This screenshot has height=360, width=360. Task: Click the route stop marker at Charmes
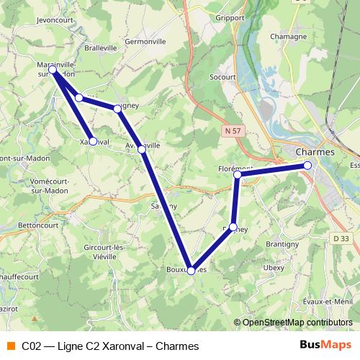pos(307,166)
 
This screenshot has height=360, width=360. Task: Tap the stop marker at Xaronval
pos(93,141)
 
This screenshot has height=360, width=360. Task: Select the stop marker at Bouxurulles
pos(190,271)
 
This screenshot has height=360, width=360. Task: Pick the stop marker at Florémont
pos(237,174)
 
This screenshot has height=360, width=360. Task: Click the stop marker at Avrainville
pos(142,148)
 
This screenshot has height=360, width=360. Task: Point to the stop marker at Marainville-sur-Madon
pos(53,69)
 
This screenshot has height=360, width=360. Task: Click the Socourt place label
pos(223,75)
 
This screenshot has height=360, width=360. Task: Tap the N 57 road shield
pos(231,131)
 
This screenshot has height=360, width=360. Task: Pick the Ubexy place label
pos(274,267)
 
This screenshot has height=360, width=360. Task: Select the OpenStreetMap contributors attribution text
pos(297,323)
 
